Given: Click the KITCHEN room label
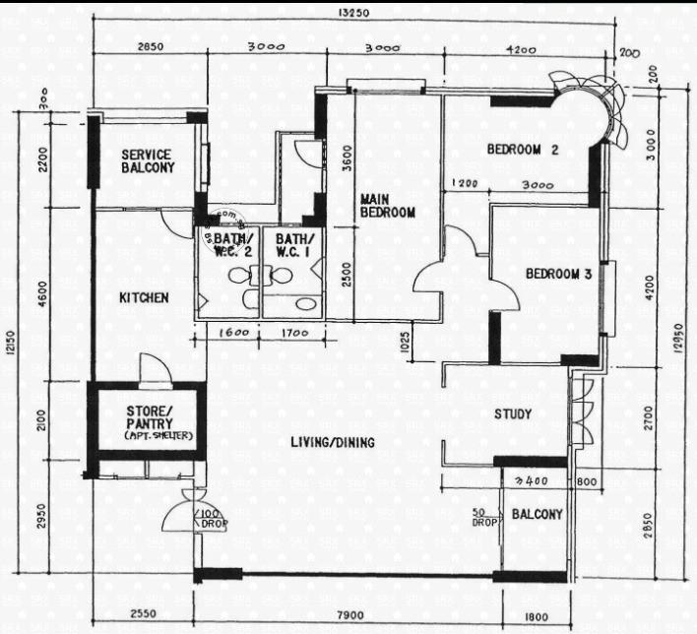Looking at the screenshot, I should (x=144, y=297).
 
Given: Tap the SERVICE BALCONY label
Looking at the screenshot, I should (x=147, y=161).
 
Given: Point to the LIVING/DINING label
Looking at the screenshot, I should (x=333, y=443).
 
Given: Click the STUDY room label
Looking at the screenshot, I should (x=513, y=414).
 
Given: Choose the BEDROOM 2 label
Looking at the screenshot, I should (x=523, y=151).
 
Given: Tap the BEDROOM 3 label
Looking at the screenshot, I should (x=557, y=274).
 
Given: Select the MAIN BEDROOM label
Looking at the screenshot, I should (x=387, y=205).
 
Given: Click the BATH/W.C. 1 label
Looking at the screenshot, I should (x=295, y=245).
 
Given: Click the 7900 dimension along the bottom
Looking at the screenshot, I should (x=350, y=615).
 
